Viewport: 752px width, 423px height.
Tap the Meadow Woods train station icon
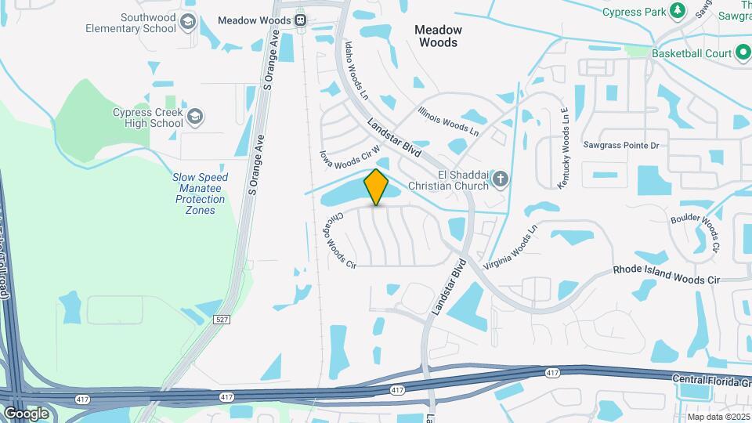pos(301,20)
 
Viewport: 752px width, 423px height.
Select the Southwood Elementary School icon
pos(187,23)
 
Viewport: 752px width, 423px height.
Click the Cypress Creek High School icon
pos(195,117)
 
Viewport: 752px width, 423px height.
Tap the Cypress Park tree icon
pos(678,11)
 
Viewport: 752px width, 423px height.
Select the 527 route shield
pos(222,318)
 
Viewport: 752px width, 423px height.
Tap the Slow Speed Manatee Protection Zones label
pos(201,193)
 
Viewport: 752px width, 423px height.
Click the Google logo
pos(26,413)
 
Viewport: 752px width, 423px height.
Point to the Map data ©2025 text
pos(718,417)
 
